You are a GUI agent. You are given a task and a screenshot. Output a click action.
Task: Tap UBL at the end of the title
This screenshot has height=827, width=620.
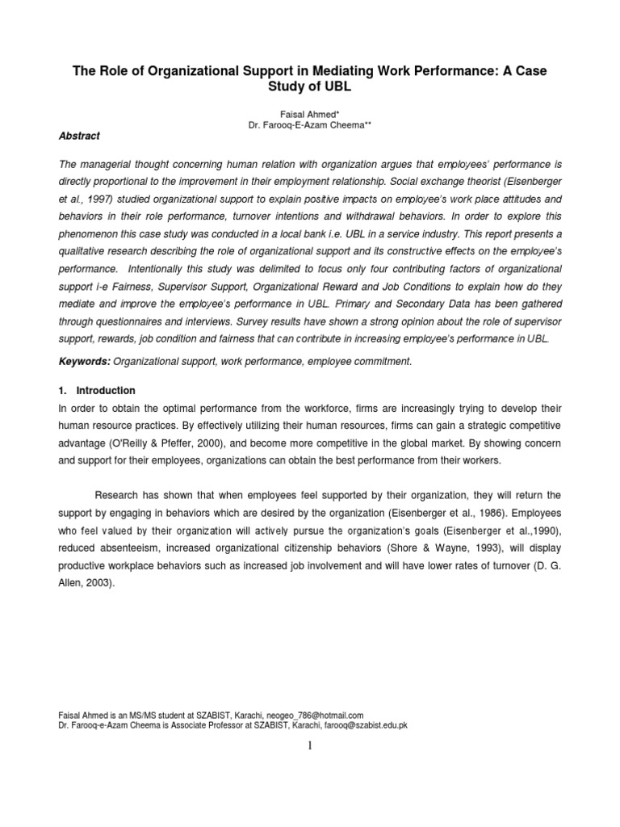click(330, 88)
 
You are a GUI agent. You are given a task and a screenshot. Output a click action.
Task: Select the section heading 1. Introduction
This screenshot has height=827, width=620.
click(95, 390)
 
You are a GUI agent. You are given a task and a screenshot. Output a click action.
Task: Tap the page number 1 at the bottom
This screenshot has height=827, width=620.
click(310, 745)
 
